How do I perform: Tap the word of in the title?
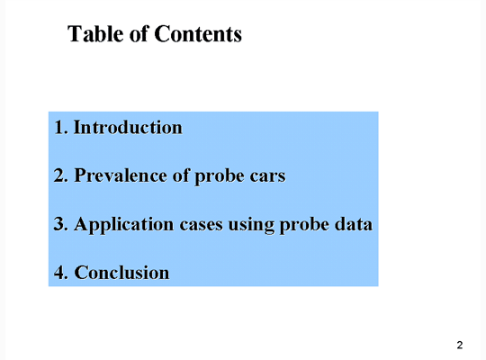139,33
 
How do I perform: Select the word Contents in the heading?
198,33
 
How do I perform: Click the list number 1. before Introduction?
61,128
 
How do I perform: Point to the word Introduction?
128,128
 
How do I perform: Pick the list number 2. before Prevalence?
61,175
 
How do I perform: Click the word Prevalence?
121,175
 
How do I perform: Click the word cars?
268,176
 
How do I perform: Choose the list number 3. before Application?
61,224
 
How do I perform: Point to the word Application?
124,224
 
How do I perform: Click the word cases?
202,225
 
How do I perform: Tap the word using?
251,225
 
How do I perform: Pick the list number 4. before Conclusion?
61,273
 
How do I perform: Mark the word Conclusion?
121,273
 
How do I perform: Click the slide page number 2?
460,345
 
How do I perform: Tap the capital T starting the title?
74,33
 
